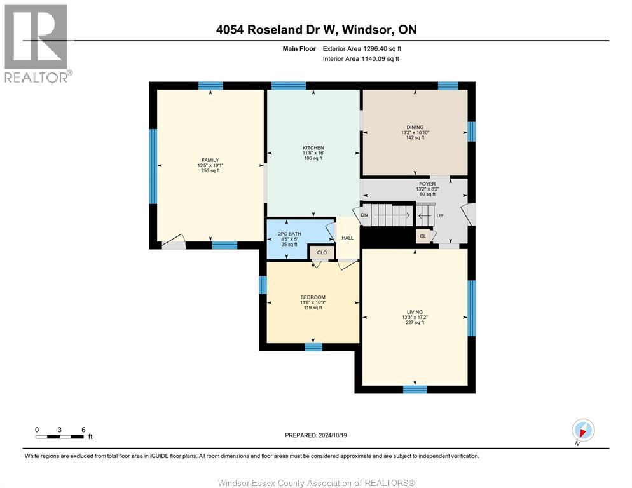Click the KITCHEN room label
313,148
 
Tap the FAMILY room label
210,160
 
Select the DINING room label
415,127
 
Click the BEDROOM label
312,297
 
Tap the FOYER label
427,184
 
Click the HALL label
347,238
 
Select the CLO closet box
322,252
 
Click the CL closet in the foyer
423,236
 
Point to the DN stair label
364,215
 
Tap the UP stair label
439,215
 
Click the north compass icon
582,430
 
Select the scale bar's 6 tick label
83,430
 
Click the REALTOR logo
36,43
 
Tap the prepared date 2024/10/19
316,435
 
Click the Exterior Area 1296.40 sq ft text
362,48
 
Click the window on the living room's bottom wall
415,390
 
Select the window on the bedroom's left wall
263,285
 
